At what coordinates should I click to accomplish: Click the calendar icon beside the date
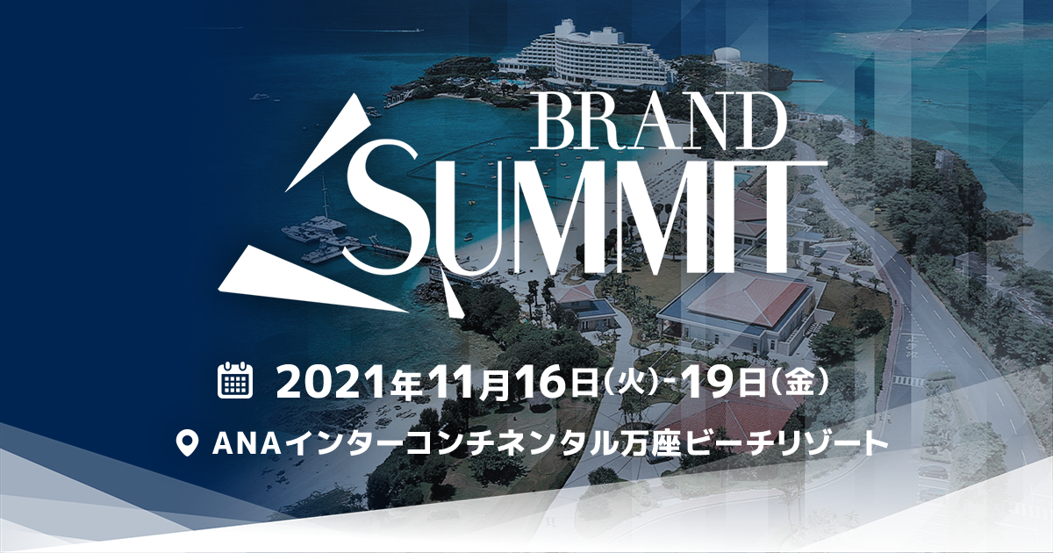[236, 380]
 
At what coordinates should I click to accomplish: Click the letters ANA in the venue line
[247, 443]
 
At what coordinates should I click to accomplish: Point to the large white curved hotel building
[588, 56]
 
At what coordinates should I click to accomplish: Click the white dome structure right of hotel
[727, 56]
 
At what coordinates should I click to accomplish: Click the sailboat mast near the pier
[325, 197]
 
